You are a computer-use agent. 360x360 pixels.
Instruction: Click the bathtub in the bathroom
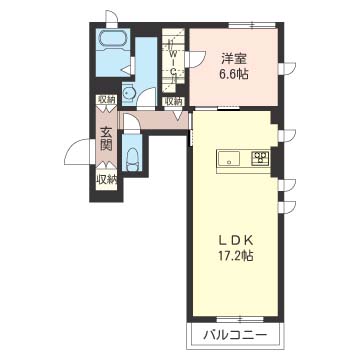(x=112, y=40)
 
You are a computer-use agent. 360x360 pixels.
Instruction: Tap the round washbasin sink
(x=128, y=94)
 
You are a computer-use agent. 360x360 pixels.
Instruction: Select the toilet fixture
(x=132, y=158)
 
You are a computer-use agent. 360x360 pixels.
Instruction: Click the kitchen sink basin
(x=228, y=158)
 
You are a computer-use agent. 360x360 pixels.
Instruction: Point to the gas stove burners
(x=260, y=158)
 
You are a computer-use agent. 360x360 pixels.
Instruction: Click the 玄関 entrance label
(x=107, y=139)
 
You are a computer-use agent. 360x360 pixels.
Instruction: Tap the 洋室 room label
(x=235, y=58)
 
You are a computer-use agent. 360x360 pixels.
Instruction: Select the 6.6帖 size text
(x=234, y=74)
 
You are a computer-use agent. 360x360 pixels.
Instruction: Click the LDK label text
(x=234, y=239)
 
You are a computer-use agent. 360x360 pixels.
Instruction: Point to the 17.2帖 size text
(x=234, y=256)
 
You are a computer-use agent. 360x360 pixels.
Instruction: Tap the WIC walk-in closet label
(x=173, y=61)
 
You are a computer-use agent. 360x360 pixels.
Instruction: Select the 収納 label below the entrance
(x=107, y=180)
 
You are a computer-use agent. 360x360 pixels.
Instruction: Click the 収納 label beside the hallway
(x=174, y=101)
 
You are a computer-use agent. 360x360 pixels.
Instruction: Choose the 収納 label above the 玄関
(x=107, y=99)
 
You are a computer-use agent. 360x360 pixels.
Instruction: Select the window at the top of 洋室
(x=252, y=25)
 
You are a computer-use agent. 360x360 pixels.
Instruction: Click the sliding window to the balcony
(x=239, y=319)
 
